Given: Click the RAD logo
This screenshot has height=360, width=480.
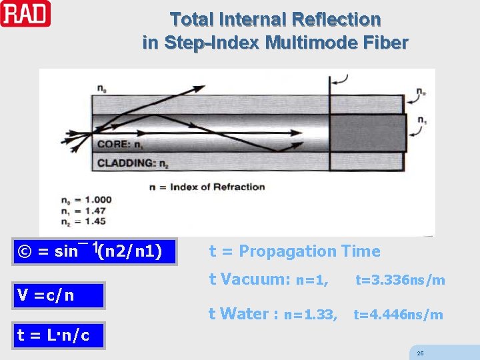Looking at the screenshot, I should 25,13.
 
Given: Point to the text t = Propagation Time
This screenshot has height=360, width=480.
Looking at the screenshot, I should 295,251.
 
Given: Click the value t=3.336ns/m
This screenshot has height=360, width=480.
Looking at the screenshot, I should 400,280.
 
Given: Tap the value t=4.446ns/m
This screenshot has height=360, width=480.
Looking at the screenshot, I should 398,315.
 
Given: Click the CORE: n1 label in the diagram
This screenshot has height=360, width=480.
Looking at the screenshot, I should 120,143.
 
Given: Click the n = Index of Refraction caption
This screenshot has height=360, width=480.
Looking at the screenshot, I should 207,187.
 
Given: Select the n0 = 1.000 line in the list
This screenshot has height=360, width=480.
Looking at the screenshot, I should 85,199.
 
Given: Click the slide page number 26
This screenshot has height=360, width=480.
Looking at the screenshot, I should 420,353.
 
